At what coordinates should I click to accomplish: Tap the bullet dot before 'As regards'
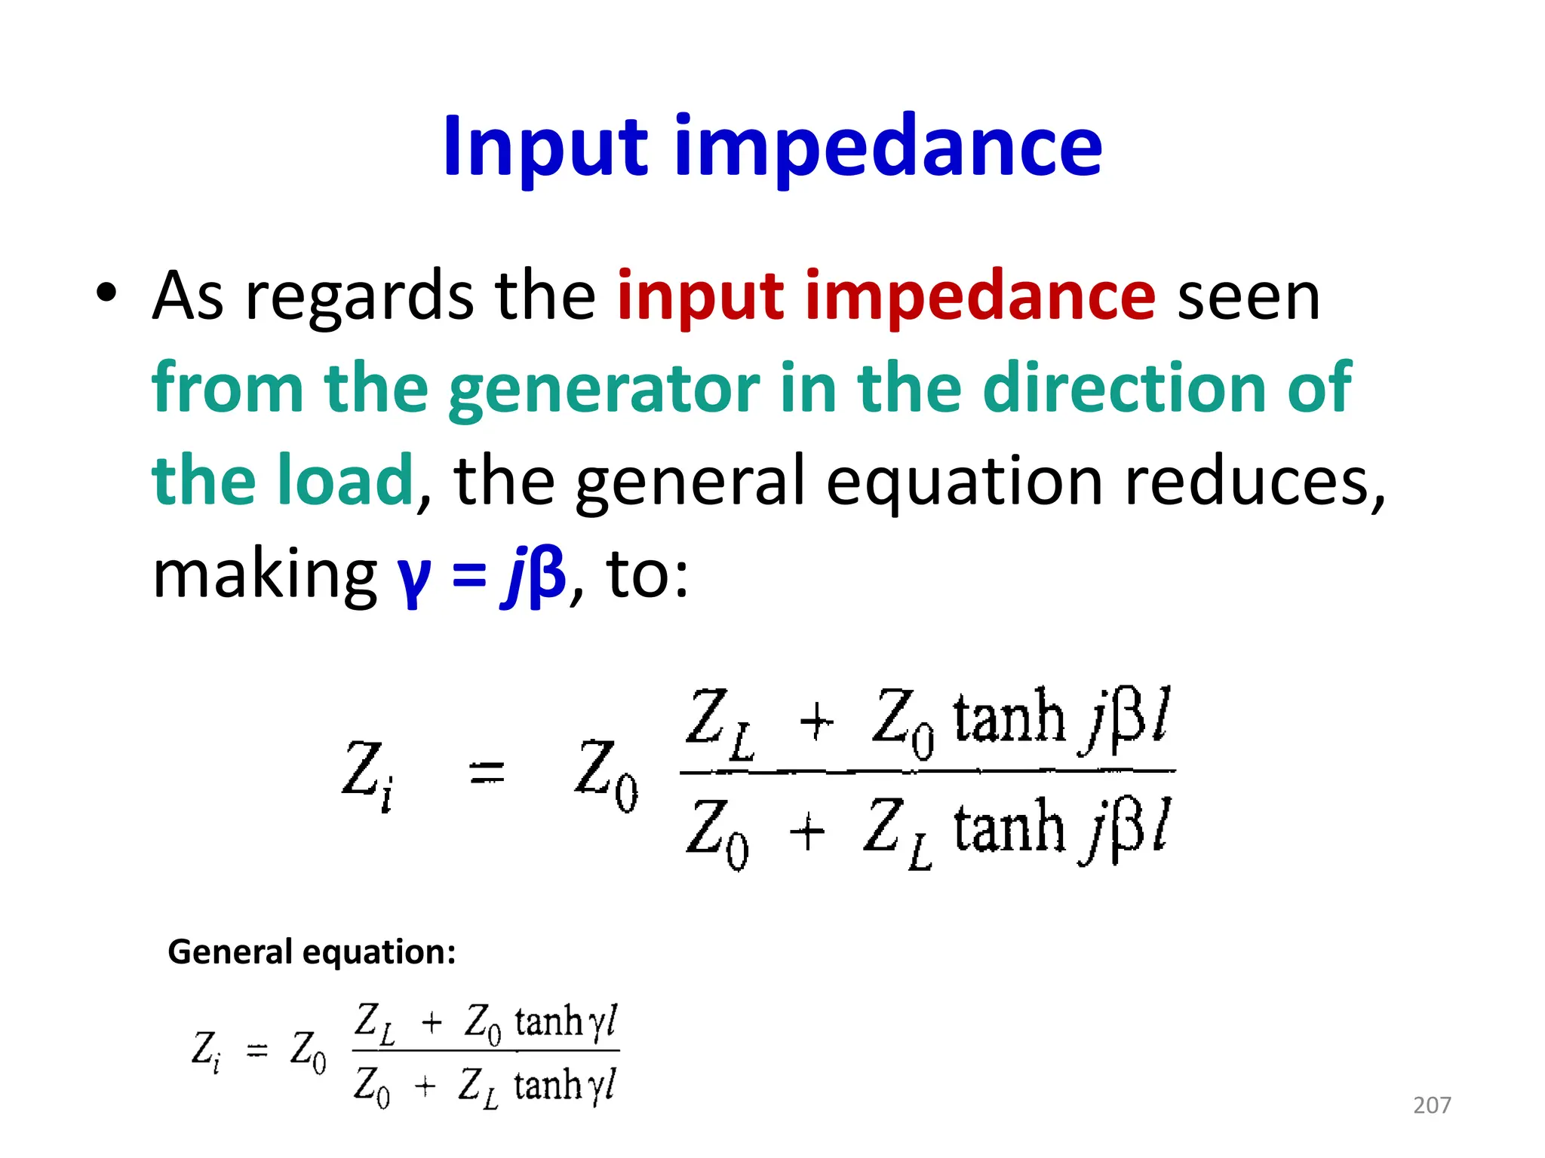107,293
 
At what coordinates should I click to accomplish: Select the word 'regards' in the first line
359,297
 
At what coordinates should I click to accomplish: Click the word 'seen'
1249,297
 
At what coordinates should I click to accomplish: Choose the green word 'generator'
604,390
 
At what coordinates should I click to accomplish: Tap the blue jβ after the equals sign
533,576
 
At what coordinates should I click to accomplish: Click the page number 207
1432,1105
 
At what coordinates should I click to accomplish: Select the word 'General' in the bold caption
229,952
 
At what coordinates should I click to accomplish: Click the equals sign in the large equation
487,773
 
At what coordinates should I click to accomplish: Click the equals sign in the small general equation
257,1050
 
